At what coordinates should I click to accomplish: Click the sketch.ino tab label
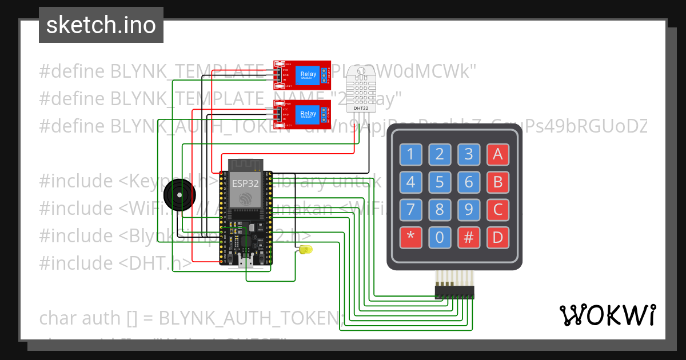[x=101, y=25]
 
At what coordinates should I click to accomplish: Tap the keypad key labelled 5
[x=440, y=182]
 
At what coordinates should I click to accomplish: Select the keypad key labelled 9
[x=469, y=210]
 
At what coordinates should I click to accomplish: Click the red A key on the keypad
[x=497, y=154]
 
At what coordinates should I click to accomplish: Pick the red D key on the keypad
[x=497, y=238]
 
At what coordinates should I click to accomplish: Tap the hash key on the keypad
[x=469, y=238]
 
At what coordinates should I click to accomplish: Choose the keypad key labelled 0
[x=440, y=238]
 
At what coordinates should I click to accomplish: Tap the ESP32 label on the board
[x=245, y=183]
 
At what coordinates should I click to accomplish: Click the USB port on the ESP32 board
[x=247, y=262]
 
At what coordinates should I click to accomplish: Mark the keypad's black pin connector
[x=454, y=293]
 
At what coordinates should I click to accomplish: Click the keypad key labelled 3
[x=469, y=154]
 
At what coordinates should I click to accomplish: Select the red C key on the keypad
[x=497, y=210]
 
